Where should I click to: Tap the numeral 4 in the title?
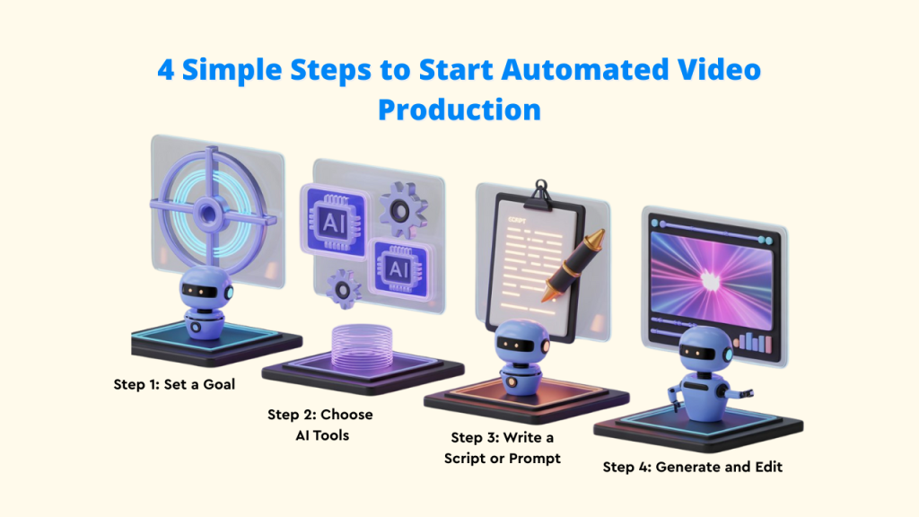[166, 70]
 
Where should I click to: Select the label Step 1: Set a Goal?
[174, 384]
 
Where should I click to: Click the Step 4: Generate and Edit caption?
[692, 467]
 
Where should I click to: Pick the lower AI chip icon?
[395, 268]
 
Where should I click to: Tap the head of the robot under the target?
[206, 291]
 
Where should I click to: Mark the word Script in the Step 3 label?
[472, 459]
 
